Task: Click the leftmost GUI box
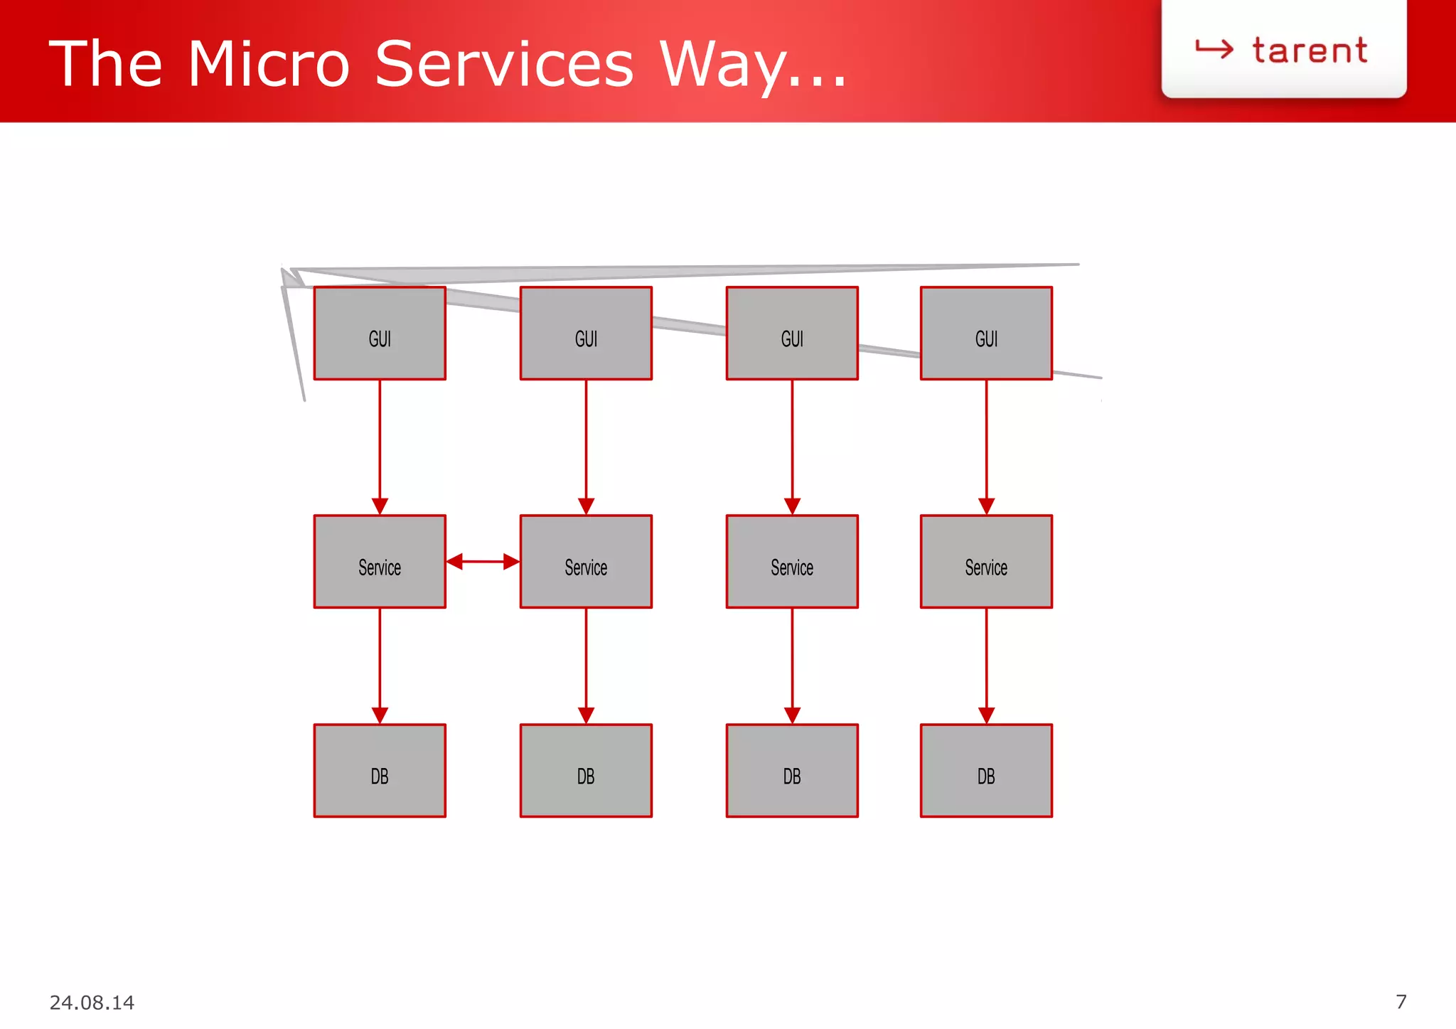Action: click(380, 334)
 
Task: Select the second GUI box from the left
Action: click(586, 334)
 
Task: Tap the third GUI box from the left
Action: click(792, 334)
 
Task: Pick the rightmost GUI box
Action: click(986, 334)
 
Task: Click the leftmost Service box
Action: click(380, 562)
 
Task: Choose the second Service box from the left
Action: click(586, 562)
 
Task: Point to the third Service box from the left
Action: click(792, 562)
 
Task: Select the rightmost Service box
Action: click(986, 562)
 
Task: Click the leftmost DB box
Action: click(380, 771)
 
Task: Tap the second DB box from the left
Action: click(586, 771)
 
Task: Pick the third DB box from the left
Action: click(792, 771)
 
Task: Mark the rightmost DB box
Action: click(986, 771)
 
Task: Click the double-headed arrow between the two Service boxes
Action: click(483, 562)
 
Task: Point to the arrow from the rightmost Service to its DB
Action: click(986, 665)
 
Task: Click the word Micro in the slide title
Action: click(269, 64)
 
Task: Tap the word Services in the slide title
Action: click(503, 64)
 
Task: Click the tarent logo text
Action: click(1309, 51)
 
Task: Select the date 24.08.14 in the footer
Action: click(92, 1003)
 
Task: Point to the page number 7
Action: click(1401, 1002)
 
